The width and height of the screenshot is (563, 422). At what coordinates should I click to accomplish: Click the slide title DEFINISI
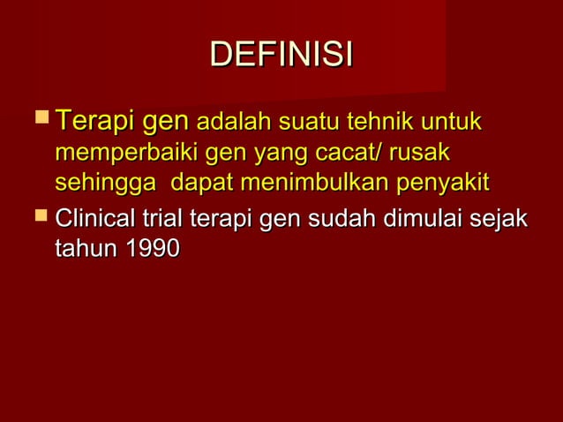coord(281,54)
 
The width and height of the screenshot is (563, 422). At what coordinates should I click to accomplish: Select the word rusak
coord(419,153)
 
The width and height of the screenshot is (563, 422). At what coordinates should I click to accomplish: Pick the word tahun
coord(86,249)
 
